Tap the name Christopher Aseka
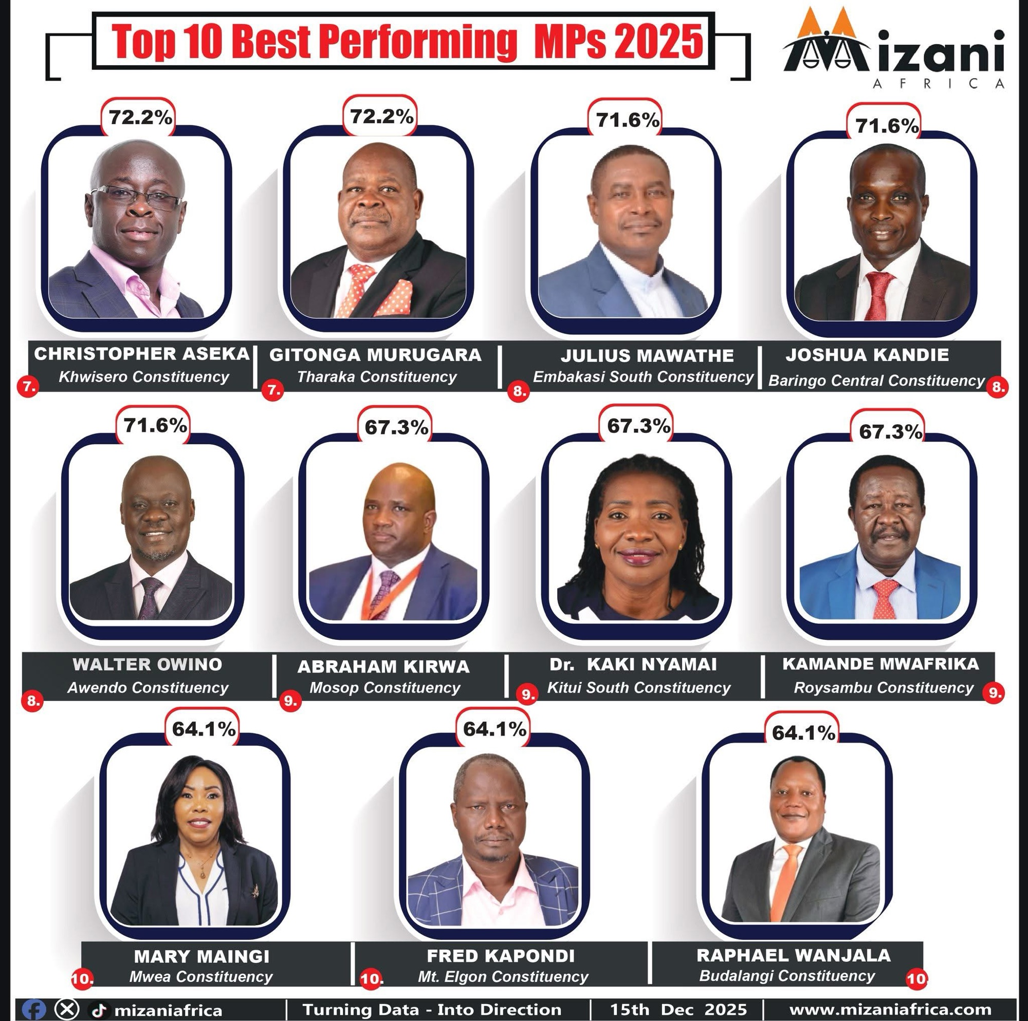[x=141, y=354]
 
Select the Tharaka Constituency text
[x=377, y=377]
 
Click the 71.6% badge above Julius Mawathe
[x=627, y=121]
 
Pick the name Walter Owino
[x=148, y=664]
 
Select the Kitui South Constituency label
[x=638, y=688]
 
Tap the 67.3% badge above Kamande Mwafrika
[x=890, y=432]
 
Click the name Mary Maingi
[x=201, y=957]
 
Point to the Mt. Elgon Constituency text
[x=503, y=977]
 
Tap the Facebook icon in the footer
[x=35, y=1009]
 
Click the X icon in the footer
[x=67, y=1009]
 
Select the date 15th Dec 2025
[x=678, y=1009]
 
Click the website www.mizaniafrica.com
[x=890, y=1009]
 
